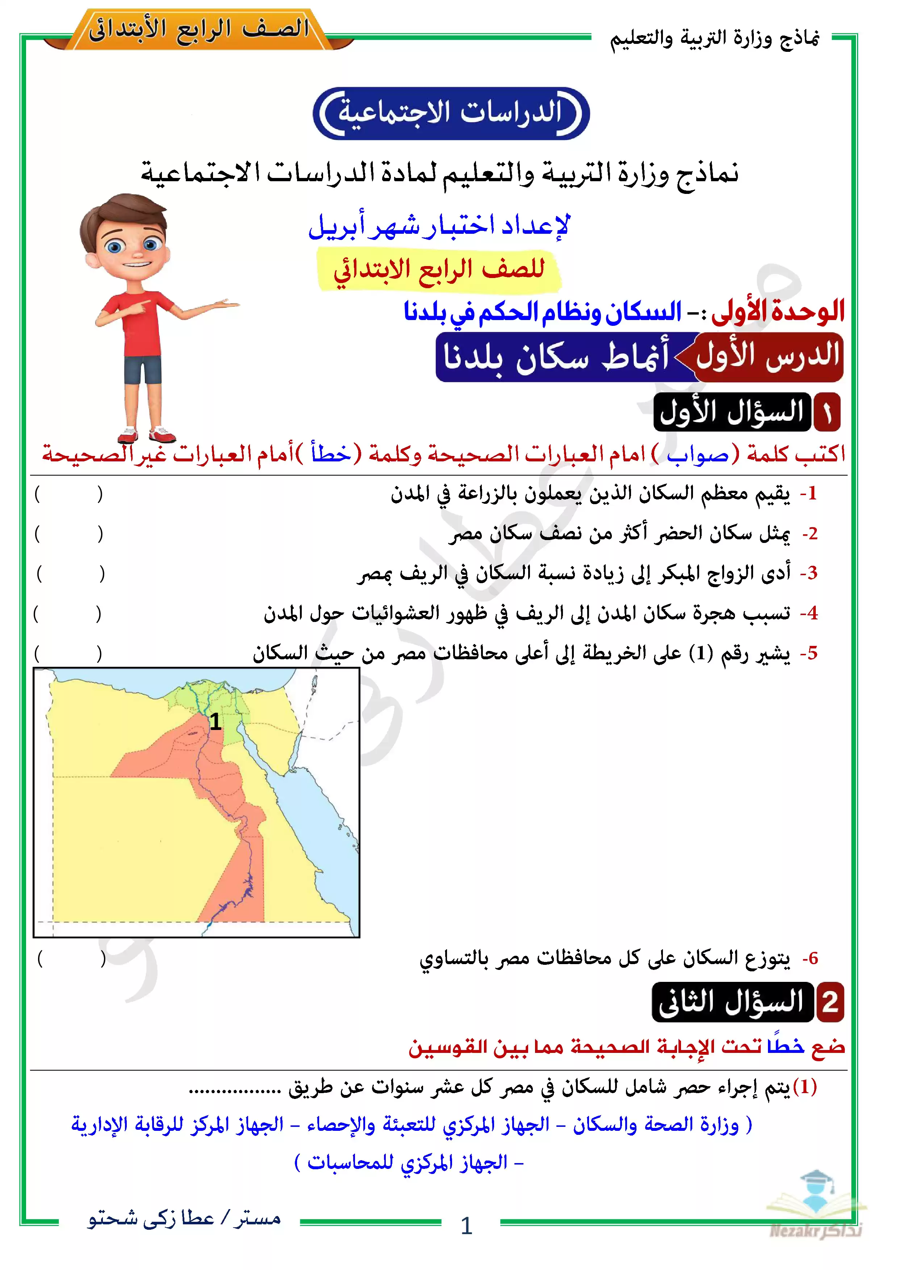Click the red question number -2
click(x=810, y=534)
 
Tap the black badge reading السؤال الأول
click(x=732, y=412)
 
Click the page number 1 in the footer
click(x=466, y=1226)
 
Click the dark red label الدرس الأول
click(x=768, y=356)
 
